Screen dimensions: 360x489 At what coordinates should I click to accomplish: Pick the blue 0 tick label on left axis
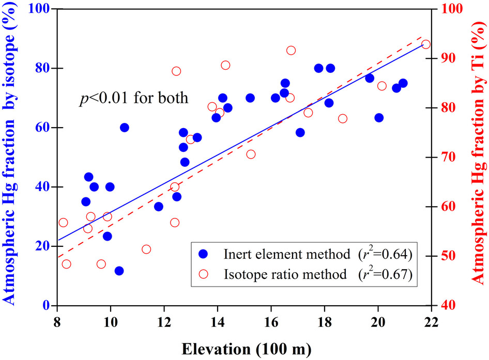pyautogui.click(x=45, y=306)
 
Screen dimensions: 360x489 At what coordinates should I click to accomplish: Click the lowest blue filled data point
pyautogui.click(x=119, y=271)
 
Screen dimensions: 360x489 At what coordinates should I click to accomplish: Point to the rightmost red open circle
pyautogui.click(x=426, y=44)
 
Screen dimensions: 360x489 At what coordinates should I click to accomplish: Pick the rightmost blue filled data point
pyautogui.click(x=403, y=83)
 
